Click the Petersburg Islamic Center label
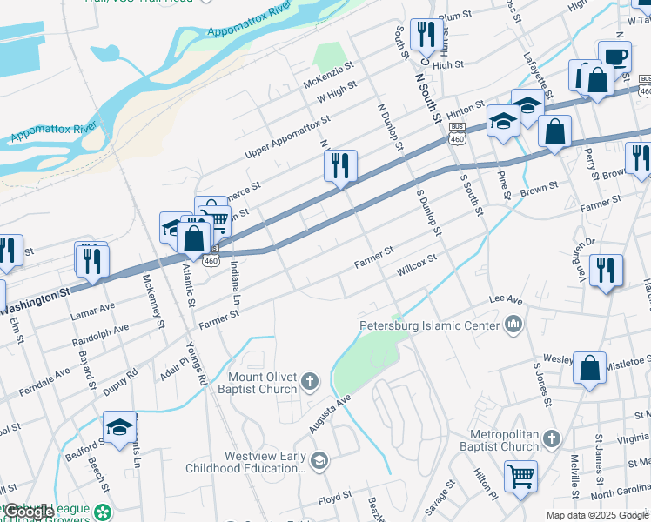click(x=430, y=326)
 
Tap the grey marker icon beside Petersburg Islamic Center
click(x=513, y=325)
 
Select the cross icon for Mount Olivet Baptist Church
click(x=311, y=381)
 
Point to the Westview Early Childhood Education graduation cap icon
click(x=319, y=460)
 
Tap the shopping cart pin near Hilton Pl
click(x=520, y=475)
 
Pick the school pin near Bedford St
click(x=120, y=425)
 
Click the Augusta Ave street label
click(x=330, y=413)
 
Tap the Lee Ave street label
click(x=506, y=298)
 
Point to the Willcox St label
click(x=416, y=265)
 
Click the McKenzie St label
click(x=329, y=75)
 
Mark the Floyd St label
click(x=334, y=496)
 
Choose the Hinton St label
click(x=465, y=110)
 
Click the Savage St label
click(x=440, y=496)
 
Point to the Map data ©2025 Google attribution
click(x=597, y=515)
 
